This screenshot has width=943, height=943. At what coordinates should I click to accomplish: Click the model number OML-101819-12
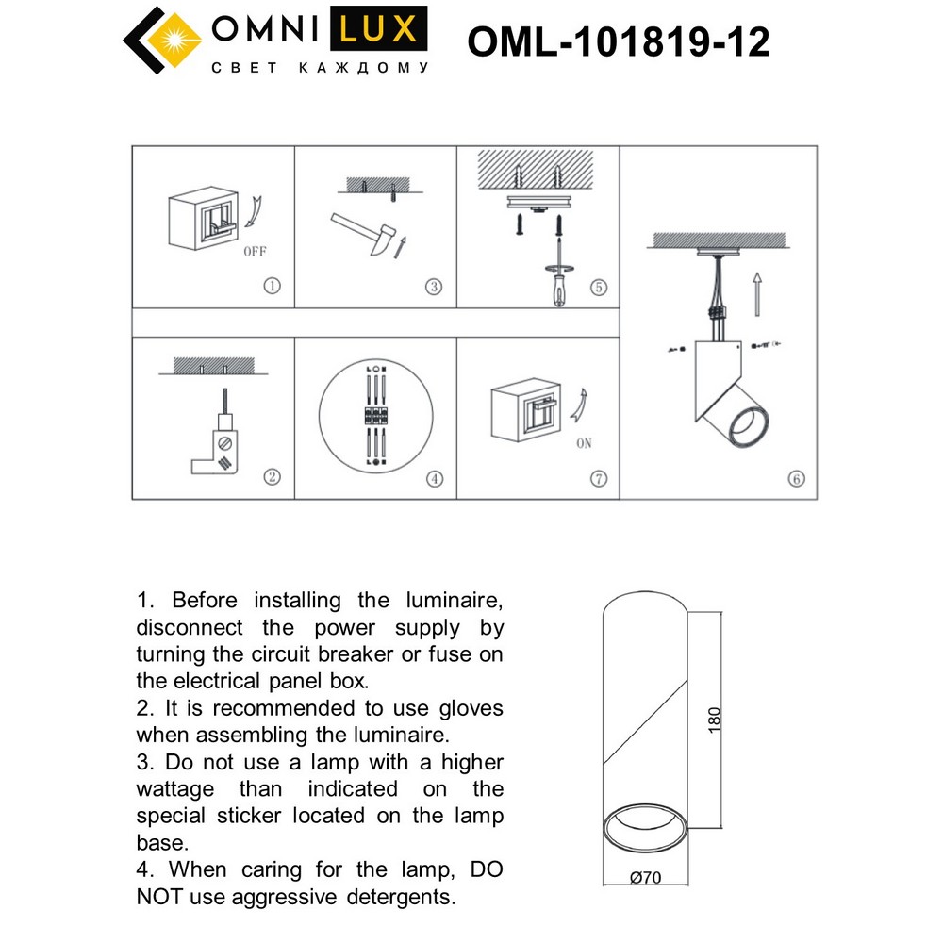(x=619, y=41)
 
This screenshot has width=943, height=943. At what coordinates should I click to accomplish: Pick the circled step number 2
(x=273, y=477)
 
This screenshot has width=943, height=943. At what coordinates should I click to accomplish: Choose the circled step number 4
(x=434, y=478)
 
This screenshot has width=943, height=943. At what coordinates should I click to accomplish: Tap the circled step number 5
(x=597, y=288)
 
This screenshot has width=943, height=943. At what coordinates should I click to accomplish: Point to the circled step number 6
(x=796, y=479)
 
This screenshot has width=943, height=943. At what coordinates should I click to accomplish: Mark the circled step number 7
(x=598, y=478)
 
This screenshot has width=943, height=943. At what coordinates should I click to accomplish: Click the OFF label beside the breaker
(x=255, y=252)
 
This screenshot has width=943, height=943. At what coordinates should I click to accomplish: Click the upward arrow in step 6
(x=756, y=292)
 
